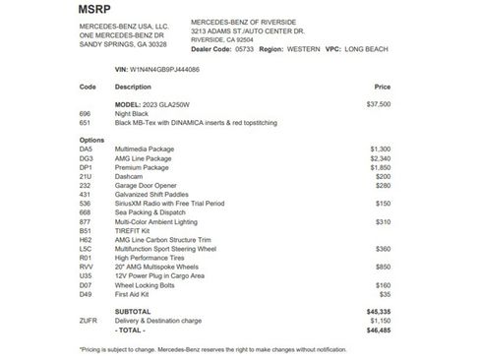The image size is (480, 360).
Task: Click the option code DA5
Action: tap(86, 148)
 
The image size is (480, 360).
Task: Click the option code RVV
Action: tap(86, 267)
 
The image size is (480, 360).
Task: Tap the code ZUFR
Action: tap(88, 321)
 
